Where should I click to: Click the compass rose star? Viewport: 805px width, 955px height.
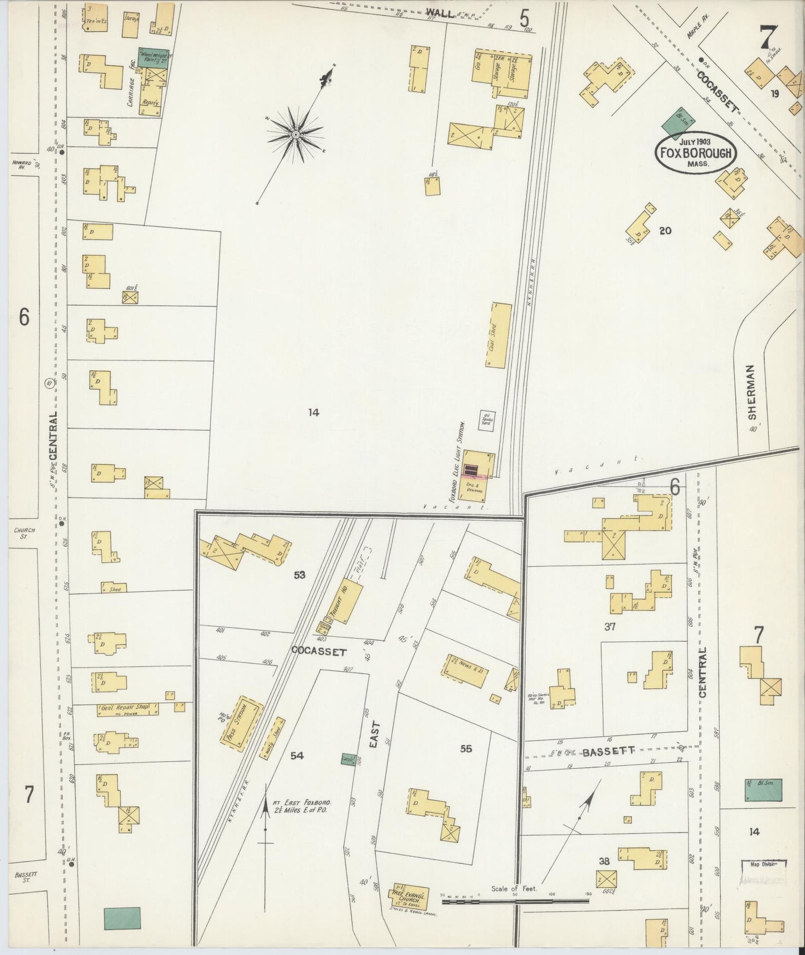click(x=295, y=135)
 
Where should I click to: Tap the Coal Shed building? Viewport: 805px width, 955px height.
click(x=501, y=335)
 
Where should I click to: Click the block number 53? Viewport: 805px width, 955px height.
click(x=300, y=574)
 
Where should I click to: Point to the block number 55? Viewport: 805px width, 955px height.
click(x=466, y=748)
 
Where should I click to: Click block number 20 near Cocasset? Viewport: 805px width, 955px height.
click(x=665, y=230)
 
